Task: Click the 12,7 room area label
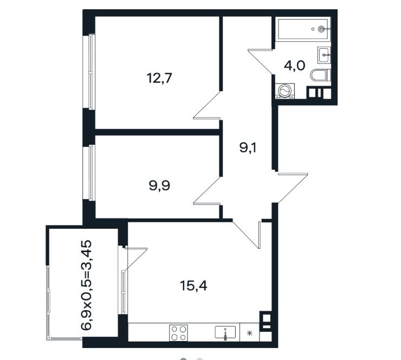pyautogui.click(x=159, y=78)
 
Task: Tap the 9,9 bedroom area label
pyautogui.click(x=159, y=185)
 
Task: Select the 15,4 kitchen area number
pyautogui.click(x=193, y=286)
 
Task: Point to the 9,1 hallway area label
pyautogui.click(x=248, y=147)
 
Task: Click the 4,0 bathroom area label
pyautogui.click(x=295, y=66)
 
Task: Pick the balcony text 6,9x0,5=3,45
pyautogui.click(x=86, y=285)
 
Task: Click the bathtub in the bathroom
pyautogui.click(x=303, y=29)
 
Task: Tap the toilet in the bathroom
pyautogui.click(x=320, y=75)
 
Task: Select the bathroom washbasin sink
pyautogui.click(x=324, y=55)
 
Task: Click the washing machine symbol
pyautogui.click(x=285, y=91)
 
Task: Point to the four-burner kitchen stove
pyautogui.click(x=178, y=333)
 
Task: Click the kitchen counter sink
pyautogui.click(x=225, y=332)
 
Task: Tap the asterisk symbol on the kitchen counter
pyautogui.click(x=250, y=333)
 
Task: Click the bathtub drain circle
pyautogui.click(x=321, y=29)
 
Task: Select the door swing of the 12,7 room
pyautogui.click(x=207, y=105)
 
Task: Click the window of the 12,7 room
pyautogui.click(x=89, y=72)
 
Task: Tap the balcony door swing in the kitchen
pyautogui.click(x=135, y=259)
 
